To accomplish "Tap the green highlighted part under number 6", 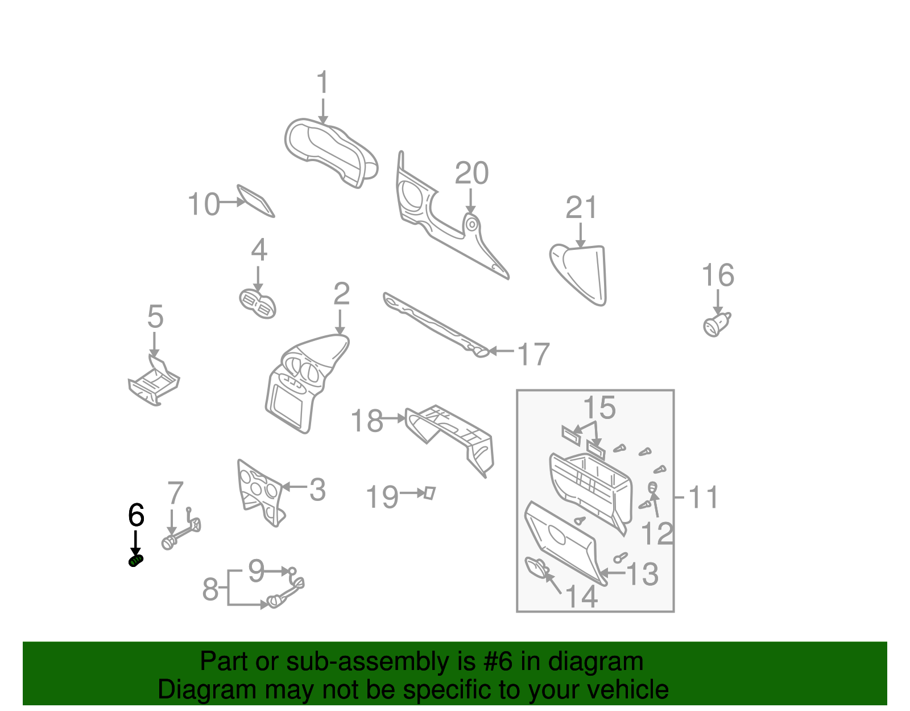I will pyautogui.click(x=136, y=561).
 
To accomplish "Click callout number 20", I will pyautogui.click(x=471, y=174).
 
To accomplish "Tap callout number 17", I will pyautogui.click(x=533, y=354).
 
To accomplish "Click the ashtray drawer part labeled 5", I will pyautogui.click(x=154, y=384).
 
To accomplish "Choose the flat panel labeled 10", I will pyautogui.click(x=255, y=200).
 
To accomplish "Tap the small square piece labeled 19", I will pyautogui.click(x=429, y=492).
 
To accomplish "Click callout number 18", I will pyautogui.click(x=367, y=421).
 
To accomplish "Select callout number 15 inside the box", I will pyautogui.click(x=599, y=408).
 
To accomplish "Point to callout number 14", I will pyautogui.click(x=581, y=597).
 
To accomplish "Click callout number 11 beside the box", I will pyautogui.click(x=704, y=497).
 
